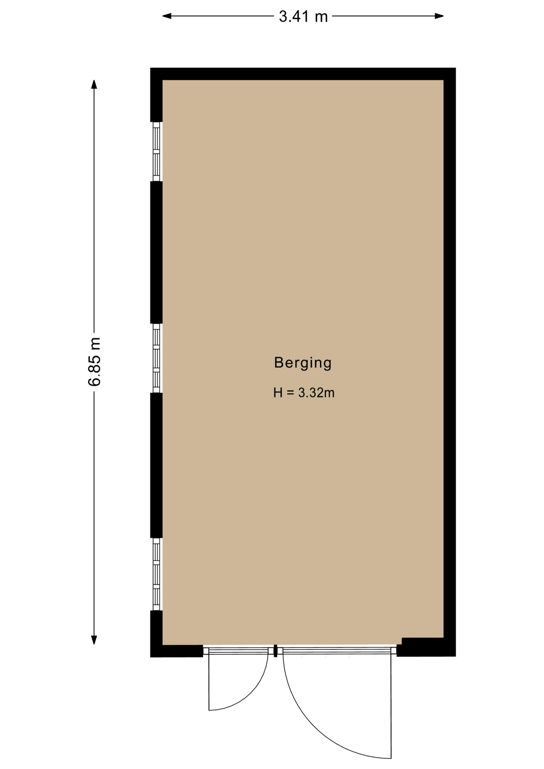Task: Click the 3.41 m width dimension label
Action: pos(303,17)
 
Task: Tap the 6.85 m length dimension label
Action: pos(95,362)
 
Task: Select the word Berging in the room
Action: pos(303,363)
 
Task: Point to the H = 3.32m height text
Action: pos(304,393)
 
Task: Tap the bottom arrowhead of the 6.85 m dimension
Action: pos(94,640)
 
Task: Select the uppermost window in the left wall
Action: pos(156,151)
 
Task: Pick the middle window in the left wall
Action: pos(156,358)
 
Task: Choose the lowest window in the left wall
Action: pos(156,574)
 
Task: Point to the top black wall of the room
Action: pos(303,74)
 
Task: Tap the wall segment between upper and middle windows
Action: pos(156,252)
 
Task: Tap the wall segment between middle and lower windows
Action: pos(156,465)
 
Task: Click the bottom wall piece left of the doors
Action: pos(177,651)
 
